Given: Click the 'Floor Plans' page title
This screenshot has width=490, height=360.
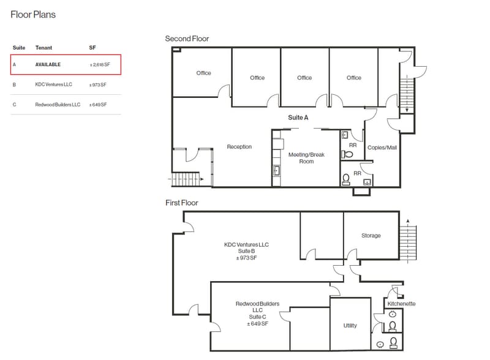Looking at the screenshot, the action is (x=33, y=15).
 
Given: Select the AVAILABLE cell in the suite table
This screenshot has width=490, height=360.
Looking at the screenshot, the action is (x=48, y=65).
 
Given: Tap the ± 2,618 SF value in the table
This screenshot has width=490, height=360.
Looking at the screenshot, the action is (x=100, y=65).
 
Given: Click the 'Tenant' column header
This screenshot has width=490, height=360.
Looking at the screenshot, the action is (x=43, y=48).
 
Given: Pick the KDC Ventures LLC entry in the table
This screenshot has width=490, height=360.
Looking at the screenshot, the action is (x=53, y=84).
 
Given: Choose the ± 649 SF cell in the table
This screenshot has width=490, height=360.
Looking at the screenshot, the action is (x=98, y=105).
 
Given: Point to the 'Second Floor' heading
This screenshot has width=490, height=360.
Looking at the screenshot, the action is (x=187, y=39).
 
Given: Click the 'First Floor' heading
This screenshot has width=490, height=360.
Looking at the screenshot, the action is (x=181, y=203).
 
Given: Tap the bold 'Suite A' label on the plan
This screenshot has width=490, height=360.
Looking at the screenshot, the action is (x=298, y=118).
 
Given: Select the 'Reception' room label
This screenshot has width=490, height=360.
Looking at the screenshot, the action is (x=239, y=146).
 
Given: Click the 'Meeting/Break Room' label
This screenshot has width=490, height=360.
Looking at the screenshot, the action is (x=306, y=158).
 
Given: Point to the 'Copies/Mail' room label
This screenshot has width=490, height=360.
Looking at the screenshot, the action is (x=382, y=148).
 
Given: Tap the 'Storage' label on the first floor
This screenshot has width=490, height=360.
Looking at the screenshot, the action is (x=371, y=235).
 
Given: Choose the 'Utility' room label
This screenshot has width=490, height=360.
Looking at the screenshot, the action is (x=350, y=325).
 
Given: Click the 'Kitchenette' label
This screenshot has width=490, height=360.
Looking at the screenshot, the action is (x=401, y=304).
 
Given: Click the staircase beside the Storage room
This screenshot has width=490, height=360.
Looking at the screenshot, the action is (x=408, y=241).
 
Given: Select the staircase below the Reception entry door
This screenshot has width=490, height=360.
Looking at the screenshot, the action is (x=186, y=179).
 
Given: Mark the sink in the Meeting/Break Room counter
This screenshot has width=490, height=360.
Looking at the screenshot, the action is (x=276, y=171).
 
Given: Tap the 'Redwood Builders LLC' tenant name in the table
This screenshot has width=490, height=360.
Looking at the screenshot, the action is (x=58, y=105).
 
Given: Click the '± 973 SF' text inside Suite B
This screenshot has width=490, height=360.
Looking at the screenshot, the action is (x=246, y=258).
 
